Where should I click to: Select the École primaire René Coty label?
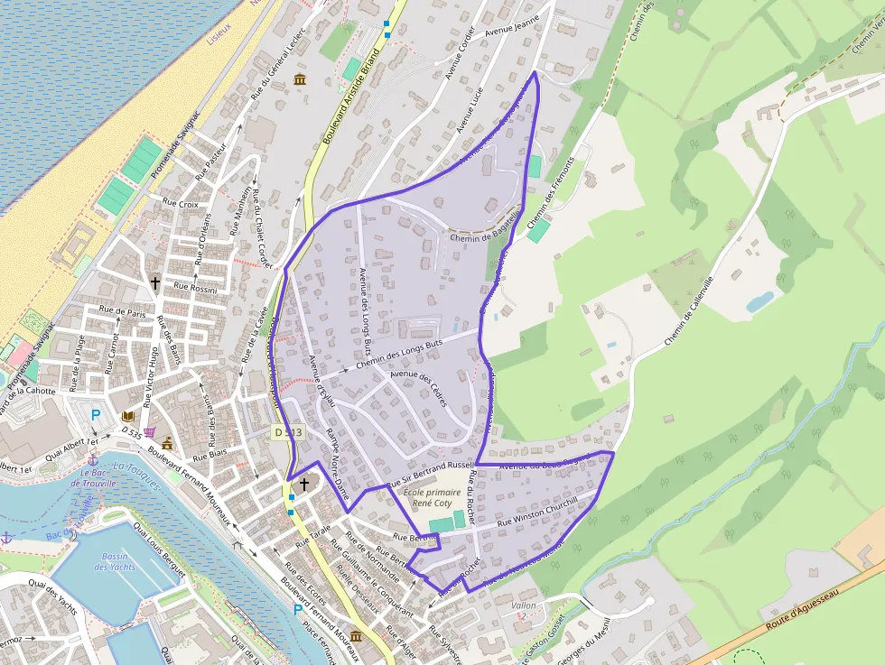433,498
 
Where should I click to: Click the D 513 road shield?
286,433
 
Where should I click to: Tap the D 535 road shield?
130,432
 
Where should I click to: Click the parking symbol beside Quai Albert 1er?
96,416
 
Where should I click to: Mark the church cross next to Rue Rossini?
154,282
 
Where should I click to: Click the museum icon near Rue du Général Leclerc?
299,81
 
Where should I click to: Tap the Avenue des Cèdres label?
419,389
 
